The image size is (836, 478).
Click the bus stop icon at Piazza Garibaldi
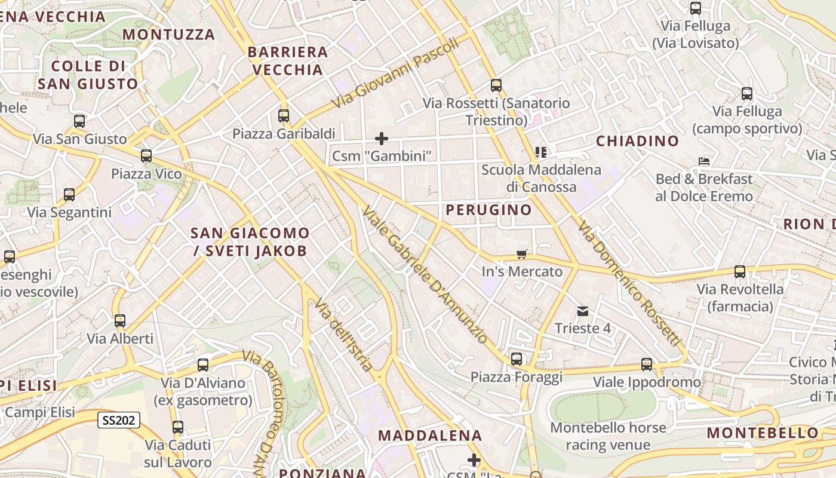(x=284, y=115)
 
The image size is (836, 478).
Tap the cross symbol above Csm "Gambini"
(x=382, y=139)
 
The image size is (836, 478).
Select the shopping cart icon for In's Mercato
(x=522, y=255)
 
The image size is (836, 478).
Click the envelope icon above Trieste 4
(x=583, y=311)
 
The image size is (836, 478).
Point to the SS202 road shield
(x=119, y=421)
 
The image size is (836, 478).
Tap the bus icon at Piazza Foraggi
(x=517, y=359)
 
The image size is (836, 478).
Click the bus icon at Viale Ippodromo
(x=647, y=364)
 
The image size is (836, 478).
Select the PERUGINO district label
(x=488, y=210)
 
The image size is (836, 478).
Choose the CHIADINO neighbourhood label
(x=637, y=141)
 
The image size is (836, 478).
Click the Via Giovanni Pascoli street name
(x=395, y=72)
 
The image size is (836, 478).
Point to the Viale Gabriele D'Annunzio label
(x=425, y=275)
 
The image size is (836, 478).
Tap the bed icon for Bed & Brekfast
(x=704, y=161)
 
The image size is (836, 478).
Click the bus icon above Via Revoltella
(x=740, y=272)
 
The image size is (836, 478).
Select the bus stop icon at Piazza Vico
(x=146, y=156)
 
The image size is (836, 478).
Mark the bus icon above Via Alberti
(x=120, y=321)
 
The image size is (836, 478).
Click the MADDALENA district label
(x=430, y=436)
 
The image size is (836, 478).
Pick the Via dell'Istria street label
(x=345, y=335)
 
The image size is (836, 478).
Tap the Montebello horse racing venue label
(x=608, y=436)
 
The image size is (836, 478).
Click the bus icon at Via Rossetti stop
(x=496, y=85)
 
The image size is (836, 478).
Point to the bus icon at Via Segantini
(x=69, y=195)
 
